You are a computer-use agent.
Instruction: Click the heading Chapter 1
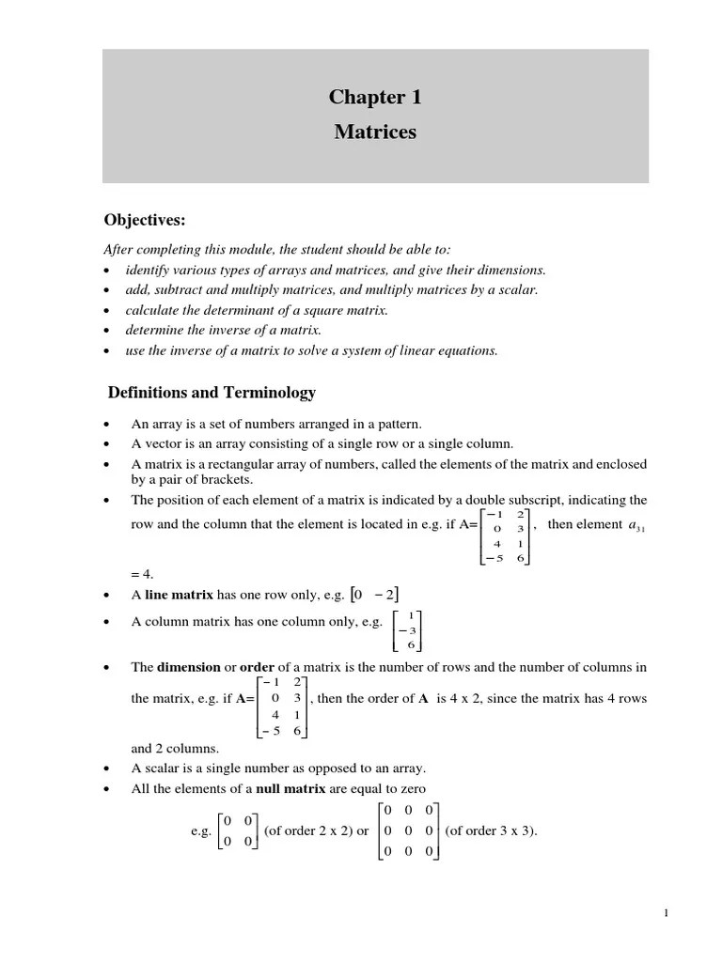tap(375, 98)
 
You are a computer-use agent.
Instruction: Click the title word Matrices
tap(375, 132)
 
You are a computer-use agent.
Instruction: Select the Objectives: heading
tap(145, 220)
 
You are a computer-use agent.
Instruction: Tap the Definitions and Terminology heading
tap(212, 392)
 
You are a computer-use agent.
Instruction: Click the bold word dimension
tap(187, 667)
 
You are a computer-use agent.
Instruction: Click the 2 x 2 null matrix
tap(237, 830)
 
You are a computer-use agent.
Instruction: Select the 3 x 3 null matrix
tap(407, 830)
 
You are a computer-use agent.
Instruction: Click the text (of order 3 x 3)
tap(491, 830)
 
